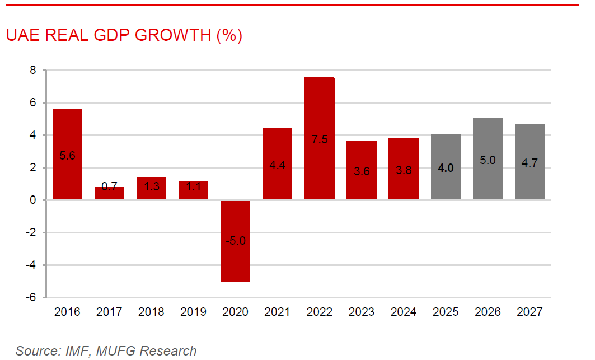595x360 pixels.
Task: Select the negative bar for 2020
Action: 235,241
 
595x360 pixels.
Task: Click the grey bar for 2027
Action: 530,162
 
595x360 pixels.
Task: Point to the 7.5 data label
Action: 320,139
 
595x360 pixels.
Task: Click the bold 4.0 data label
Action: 446,167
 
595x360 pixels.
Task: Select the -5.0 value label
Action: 235,241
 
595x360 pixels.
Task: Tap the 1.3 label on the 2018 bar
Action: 152,187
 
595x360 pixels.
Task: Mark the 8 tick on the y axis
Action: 33,71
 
